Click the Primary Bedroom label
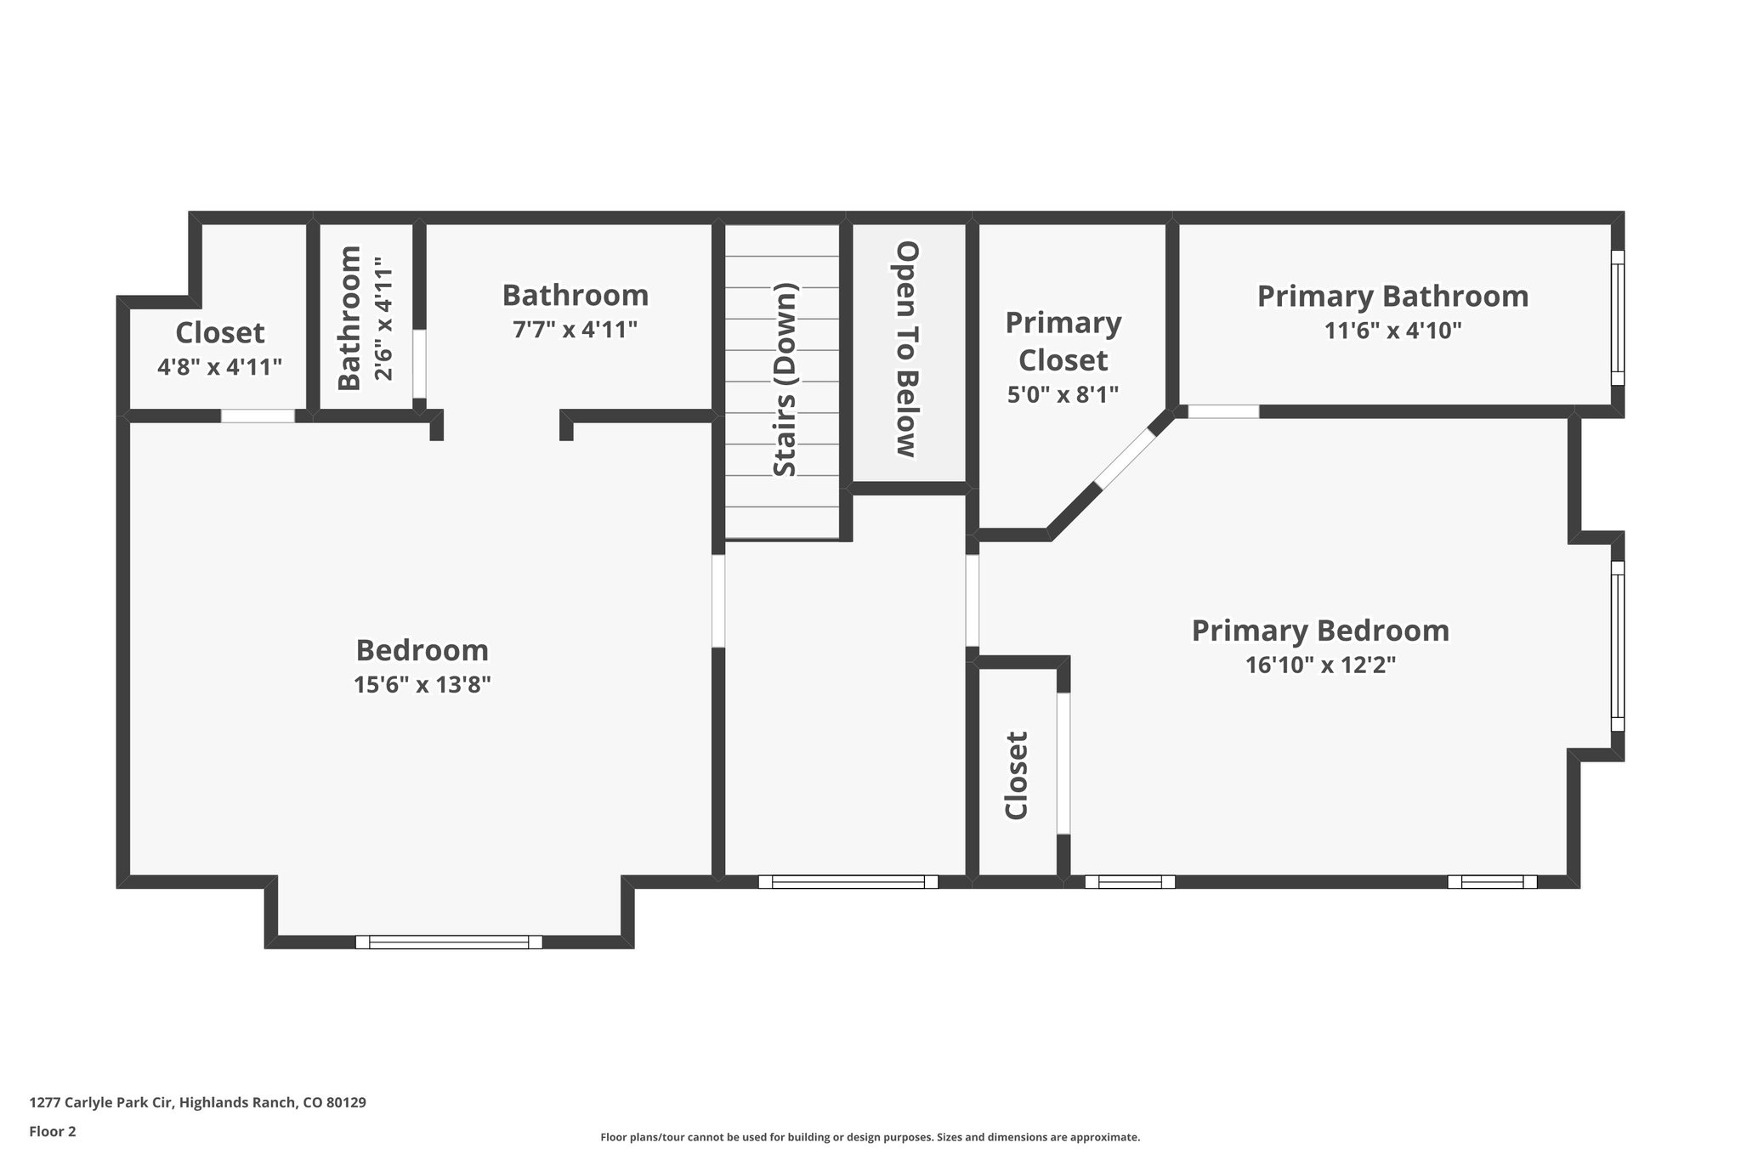pyautogui.click(x=1319, y=631)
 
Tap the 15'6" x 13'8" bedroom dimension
pyautogui.click(x=422, y=684)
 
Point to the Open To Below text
pyautogui.click(x=908, y=349)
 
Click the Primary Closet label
pyautogui.click(x=1063, y=342)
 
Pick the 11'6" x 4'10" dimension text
pyautogui.click(x=1392, y=331)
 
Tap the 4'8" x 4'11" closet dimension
pyautogui.click(x=219, y=367)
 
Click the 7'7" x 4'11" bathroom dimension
pyautogui.click(x=575, y=330)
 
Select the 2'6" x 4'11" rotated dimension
pyautogui.click(x=384, y=319)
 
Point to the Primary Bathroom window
pyautogui.click(x=1617, y=318)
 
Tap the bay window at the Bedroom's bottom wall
pyautogui.click(x=448, y=942)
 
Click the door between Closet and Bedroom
pyautogui.click(x=258, y=416)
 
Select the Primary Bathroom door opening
pyautogui.click(x=1222, y=411)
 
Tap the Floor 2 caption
pyautogui.click(x=53, y=1131)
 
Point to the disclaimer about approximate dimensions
pyautogui.click(x=870, y=1137)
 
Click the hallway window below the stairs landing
pyautogui.click(x=848, y=882)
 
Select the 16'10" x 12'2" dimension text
pyautogui.click(x=1320, y=665)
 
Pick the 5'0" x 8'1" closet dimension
pyautogui.click(x=1063, y=394)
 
